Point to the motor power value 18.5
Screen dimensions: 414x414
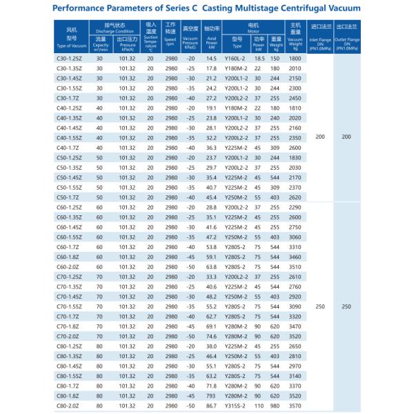[x=259, y=61]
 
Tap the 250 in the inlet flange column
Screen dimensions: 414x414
[x=319, y=306]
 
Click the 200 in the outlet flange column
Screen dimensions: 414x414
[x=346, y=138]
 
